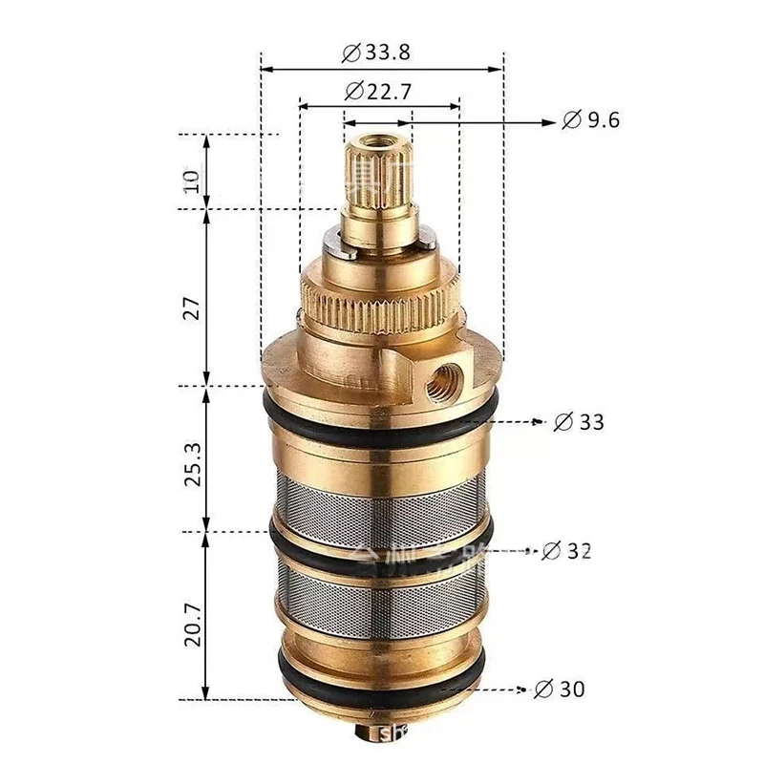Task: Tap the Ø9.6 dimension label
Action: [591, 120]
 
